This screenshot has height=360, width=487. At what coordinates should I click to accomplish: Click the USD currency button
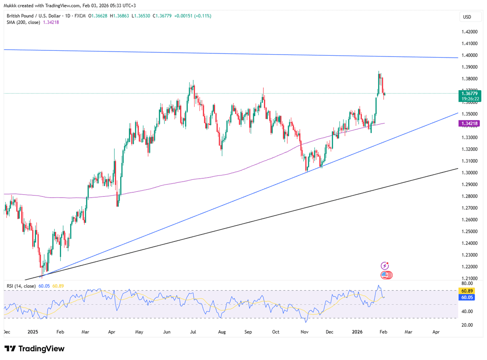467,17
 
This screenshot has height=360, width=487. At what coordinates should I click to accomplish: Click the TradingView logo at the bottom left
35,349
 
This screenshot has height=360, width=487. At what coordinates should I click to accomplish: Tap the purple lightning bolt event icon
385,266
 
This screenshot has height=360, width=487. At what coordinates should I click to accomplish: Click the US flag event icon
385,275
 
